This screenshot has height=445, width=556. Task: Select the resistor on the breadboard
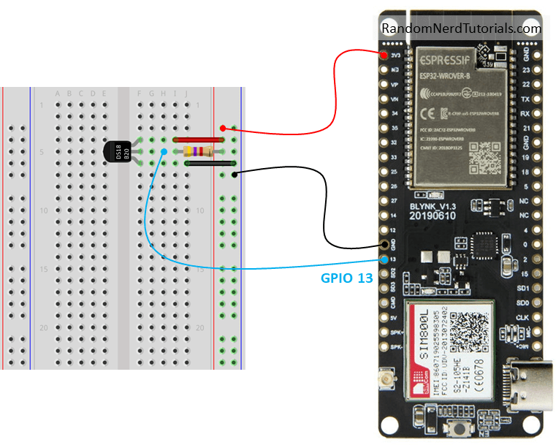[199, 151]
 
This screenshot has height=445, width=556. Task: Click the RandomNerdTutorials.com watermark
[461, 29]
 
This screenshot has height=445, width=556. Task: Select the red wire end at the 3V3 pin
[384, 55]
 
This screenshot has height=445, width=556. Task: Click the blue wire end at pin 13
[384, 259]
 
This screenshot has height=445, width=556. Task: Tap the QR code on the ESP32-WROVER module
[484, 154]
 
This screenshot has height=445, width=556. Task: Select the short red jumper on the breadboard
[197, 139]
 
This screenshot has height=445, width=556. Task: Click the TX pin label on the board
[544, 99]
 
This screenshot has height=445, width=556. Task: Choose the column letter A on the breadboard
[58, 94]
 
